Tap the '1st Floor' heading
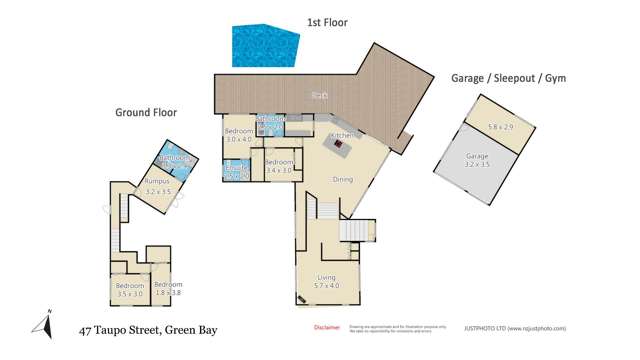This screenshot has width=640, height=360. coord(327,22)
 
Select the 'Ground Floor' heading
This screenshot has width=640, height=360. coord(146,113)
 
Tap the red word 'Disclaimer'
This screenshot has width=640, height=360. coord(327,327)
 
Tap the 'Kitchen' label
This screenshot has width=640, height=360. coord(343,135)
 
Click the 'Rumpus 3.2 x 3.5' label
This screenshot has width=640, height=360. coord(158,186)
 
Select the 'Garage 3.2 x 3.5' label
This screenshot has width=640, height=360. coord(477,161)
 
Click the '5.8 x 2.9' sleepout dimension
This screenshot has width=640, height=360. coord(499,127)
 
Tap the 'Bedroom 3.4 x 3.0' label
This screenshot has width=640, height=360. coord(279,166)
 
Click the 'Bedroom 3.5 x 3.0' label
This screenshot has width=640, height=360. coord(130,290)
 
